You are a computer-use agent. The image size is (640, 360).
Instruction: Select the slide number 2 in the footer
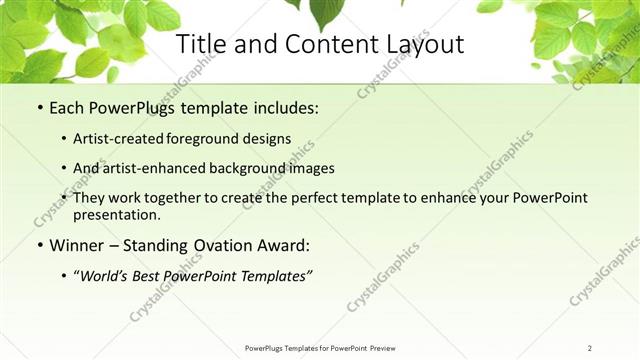click(x=590, y=348)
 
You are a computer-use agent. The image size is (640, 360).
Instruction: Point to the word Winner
click(x=78, y=245)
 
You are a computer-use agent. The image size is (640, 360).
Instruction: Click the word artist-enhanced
click(x=146, y=168)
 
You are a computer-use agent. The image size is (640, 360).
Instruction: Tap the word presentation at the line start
click(x=113, y=214)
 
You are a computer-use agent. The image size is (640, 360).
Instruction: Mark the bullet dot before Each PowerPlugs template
click(x=39, y=107)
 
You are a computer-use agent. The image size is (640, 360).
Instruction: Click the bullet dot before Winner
click(x=39, y=245)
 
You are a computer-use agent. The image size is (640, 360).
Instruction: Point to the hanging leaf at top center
click(x=325, y=13)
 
